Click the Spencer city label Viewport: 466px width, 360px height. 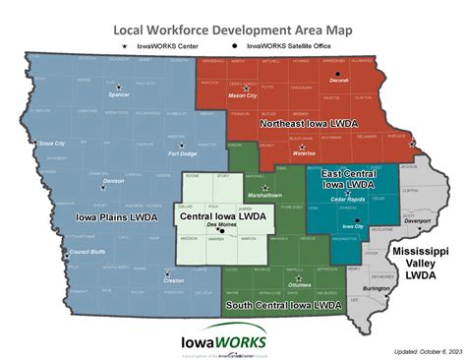119,95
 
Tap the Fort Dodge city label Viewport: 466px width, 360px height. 183,153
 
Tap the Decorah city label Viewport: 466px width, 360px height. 339,82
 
